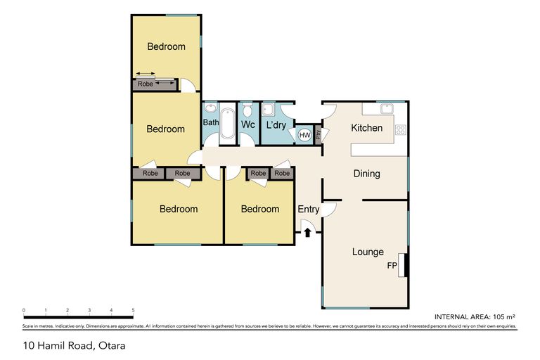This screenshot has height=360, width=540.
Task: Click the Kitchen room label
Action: (366, 128)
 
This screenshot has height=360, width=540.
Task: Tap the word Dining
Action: (366, 174)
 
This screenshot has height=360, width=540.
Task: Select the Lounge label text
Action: (368, 252)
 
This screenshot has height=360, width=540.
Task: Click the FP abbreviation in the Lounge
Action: (392, 266)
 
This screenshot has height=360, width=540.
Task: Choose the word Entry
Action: (308, 210)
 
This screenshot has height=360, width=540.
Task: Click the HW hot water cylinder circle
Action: (305, 135)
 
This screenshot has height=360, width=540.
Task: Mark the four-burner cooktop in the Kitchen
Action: (401, 129)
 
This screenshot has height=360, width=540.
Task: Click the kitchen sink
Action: (387, 109)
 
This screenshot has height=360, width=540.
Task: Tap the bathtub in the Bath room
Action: (228, 124)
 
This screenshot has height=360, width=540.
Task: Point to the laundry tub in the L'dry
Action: (268, 110)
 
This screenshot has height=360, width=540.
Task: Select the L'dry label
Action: (274, 125)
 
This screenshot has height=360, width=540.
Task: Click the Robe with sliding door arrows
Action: (155, 84)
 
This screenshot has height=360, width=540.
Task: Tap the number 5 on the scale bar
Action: (133, 310)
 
